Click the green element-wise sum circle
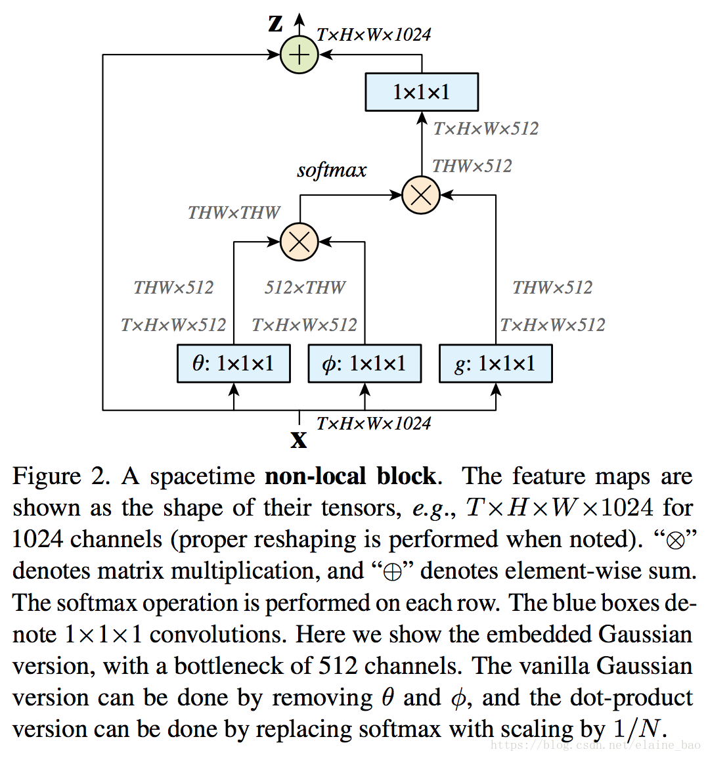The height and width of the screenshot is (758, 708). tap(299, 55)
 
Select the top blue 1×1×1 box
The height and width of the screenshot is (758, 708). tap(421, 92)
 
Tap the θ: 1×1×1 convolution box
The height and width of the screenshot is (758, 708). tap(233, 363)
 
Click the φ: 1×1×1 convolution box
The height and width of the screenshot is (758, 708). tap(365, 363)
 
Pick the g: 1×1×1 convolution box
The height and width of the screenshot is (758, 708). tap(495, 363)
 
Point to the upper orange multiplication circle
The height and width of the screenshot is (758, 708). tap(420, 195)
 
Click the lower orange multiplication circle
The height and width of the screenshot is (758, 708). tap(299, 242)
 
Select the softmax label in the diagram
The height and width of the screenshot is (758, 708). tap(332, 170)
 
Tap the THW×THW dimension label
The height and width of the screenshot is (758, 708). tap(234, 213)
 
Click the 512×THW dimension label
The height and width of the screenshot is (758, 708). tap(305, 288)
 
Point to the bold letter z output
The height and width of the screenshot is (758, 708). tap(276, 24)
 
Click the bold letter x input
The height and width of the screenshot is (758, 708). tap(299, 439)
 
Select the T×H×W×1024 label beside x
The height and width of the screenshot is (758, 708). tap(374, 424)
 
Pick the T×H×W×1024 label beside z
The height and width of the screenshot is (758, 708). tap(374, 35)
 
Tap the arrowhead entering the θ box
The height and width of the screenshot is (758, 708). tap(234, 390)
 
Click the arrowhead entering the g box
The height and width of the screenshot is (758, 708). tap(496, 390)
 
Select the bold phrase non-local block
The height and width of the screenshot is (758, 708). tap(350, 476)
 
